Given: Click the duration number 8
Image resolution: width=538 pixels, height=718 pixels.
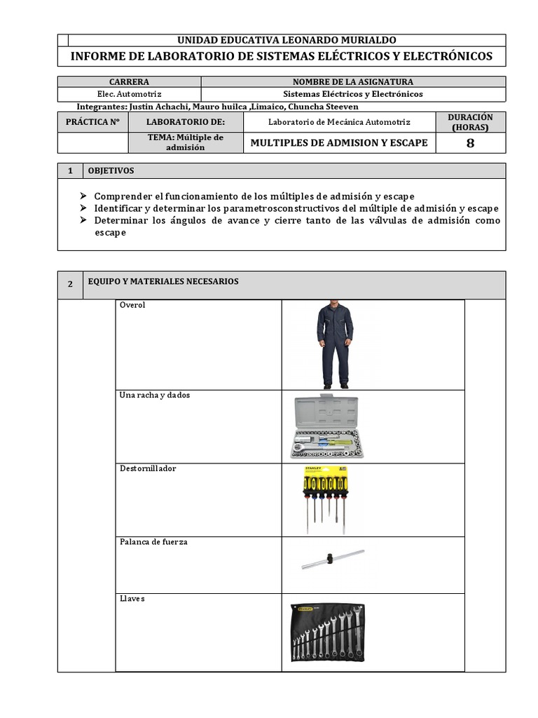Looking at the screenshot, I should pos(470,143).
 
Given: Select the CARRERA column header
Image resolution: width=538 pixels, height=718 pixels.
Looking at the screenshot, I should pos(129,82).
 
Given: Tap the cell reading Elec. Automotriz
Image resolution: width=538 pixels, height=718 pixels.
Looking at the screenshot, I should pos(129,94).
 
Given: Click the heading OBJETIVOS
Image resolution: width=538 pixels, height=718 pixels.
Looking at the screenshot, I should pos(111,171).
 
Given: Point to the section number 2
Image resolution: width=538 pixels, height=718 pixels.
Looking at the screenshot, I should pos(70,284).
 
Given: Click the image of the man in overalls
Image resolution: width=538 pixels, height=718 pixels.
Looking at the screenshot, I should pos(335,344).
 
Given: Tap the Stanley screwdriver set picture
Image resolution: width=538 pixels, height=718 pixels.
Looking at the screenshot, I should pos(324,499).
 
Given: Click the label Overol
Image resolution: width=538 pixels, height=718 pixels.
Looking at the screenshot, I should pos(132,306).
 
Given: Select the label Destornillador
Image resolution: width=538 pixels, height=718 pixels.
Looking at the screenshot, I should pos(148,468).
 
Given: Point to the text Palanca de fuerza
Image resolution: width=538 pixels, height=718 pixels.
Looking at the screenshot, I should pos(153,542).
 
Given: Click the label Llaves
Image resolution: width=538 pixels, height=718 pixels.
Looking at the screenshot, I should pos(132,599).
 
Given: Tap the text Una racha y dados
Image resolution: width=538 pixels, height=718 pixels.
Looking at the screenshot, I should pos(155,395).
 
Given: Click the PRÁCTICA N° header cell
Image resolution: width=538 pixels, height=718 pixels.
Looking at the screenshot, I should pos(92,122).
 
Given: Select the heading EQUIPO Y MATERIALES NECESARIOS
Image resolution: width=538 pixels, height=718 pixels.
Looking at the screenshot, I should pos(163,282).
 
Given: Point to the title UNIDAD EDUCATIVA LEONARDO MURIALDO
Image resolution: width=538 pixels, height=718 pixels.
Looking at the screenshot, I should pos(287,41).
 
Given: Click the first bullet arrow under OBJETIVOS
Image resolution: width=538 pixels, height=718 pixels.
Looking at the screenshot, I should pos(84,196).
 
